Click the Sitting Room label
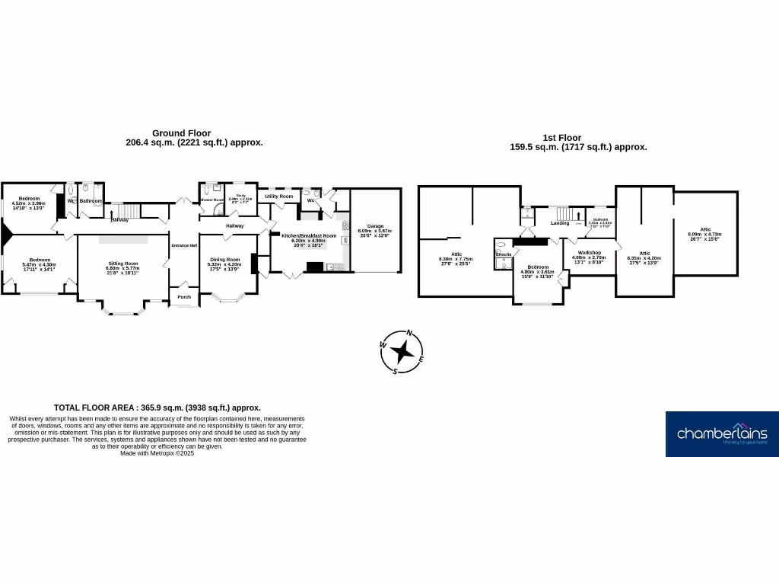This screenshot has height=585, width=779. click(x=122, y=264)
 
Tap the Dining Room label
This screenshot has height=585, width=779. click(x=224, y=260)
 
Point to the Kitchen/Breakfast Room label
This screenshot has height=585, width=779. click(x=309, y=236)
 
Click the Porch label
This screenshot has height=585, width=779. click(x=184, y=297)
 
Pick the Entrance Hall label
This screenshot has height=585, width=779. click(x=184, y=245)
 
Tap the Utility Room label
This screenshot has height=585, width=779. click(x=278, y=197)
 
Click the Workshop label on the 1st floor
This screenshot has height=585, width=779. click(x=590, y=253)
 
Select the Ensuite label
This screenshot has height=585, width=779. click(x=504, y=254)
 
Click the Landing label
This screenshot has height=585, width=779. click(x=560, y=223)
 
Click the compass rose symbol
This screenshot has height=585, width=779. click(x=406, y=353)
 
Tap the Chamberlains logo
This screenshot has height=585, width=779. click(x=722, y=434)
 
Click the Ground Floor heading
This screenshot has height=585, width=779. click(x=181, y=133)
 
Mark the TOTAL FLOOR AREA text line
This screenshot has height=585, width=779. click(x=157, y=408)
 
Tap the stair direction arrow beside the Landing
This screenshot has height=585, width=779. click(x=578, y=223)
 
